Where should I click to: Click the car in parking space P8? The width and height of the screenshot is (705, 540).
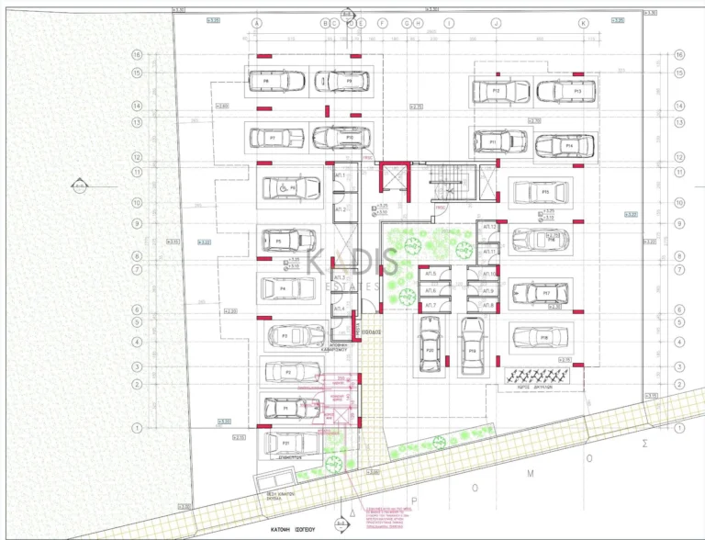[276, 81]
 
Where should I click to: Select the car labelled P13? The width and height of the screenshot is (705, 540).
[566, 92]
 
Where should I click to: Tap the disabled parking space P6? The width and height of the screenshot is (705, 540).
[292, 188]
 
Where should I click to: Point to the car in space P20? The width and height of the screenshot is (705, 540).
[430, 344]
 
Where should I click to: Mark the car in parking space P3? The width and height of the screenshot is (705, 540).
[296, 336]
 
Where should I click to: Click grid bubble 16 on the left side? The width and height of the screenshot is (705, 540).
[138, 55]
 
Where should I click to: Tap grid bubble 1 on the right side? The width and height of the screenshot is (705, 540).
[679, 428]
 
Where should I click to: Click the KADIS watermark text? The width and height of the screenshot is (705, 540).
[353, 262]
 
